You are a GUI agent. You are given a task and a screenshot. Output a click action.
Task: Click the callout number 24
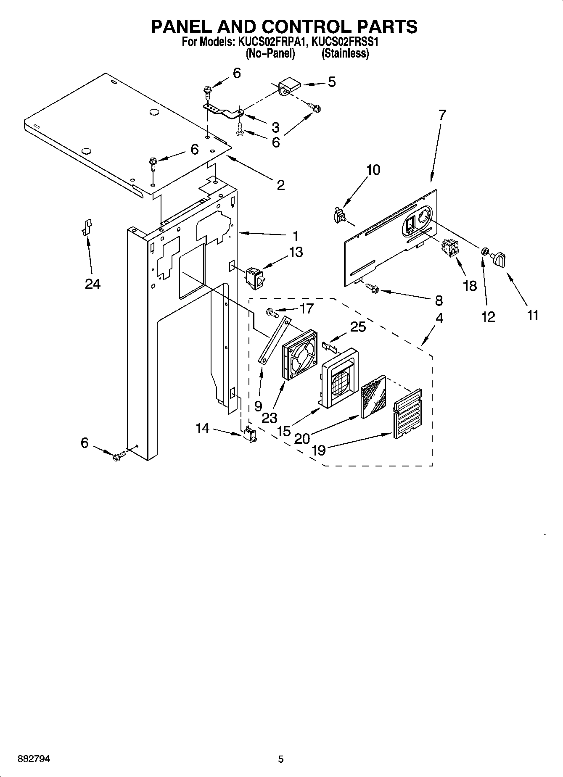pyautogui.click(x=93, y=284)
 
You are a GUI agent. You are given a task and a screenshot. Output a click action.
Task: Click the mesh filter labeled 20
pyautogui.click(x=373, y=396)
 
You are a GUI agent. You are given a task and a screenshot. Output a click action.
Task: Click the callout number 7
pyautogui.click(x=441, y=115)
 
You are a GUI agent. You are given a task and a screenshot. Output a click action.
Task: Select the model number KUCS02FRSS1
pyautogui.click(x=346, y=42)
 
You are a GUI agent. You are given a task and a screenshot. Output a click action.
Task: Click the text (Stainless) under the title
pyautogui.click(x=345, y=54)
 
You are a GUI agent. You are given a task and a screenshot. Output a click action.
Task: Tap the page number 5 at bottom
pyautogui.click(x=281, y=759)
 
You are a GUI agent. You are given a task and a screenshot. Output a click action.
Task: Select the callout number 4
pyautogui.click(x=439, y=319)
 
